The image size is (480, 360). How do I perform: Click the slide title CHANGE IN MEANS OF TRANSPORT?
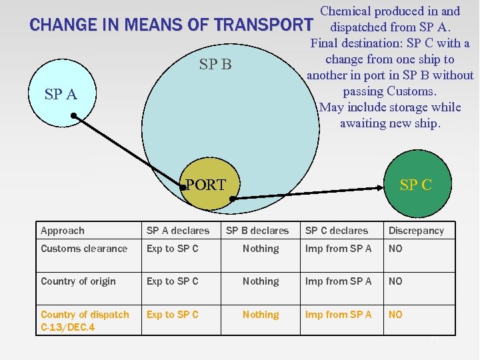171,25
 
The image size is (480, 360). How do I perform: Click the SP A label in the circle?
61,94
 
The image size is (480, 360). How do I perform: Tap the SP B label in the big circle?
215,64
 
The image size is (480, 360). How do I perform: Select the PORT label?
206,185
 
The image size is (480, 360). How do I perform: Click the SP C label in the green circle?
416,185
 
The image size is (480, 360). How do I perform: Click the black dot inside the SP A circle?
74,115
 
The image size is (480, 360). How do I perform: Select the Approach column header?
63,231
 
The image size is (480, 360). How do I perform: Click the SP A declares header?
178,231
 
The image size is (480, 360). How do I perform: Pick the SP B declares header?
257,231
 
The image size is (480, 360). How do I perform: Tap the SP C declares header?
337,231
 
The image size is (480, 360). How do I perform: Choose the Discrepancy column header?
416,231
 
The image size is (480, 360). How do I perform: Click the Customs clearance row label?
84,249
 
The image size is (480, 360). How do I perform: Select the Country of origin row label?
78,281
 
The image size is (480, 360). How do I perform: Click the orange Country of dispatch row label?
85,315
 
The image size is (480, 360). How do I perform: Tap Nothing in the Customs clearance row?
261,249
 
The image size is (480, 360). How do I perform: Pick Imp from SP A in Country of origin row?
339,281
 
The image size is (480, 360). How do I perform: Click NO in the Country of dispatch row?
396,315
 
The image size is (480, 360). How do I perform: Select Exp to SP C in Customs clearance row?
173,249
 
